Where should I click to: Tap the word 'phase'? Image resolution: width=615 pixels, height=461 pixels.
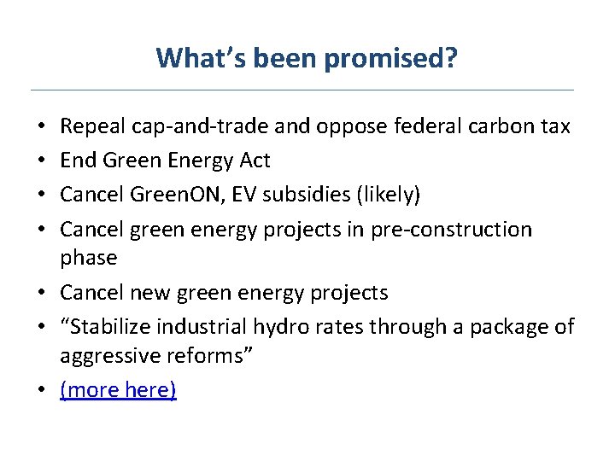tap(88, 258)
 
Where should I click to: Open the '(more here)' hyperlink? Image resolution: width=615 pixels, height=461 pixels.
tap(118, 390)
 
